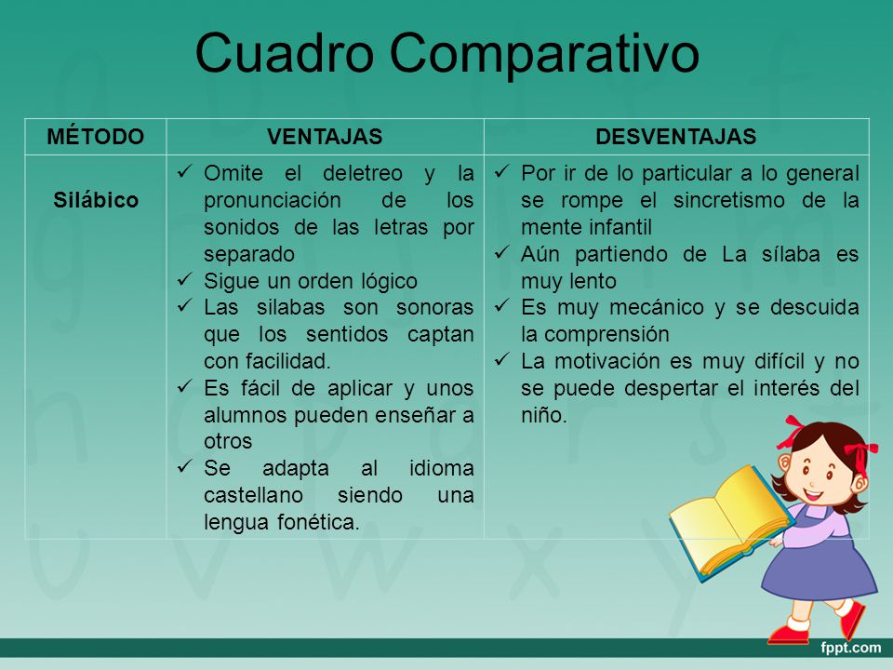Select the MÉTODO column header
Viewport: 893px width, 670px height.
(97, 137)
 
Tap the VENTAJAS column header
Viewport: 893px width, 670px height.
(325, 137)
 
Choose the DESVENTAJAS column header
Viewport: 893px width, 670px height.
(675, 137)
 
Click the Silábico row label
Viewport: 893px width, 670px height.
(97, 200)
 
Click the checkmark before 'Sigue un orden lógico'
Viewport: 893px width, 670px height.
(184, 280)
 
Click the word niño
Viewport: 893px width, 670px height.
(541, 416)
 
